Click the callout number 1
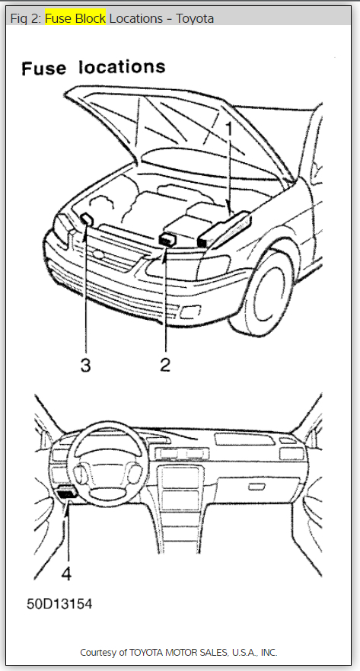[229, 129]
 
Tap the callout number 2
[165, 365]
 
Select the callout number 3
[85, 365]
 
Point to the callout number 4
[66, 574]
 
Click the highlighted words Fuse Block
[75, 18]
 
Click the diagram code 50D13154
[59, 604]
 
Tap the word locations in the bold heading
[122, 67]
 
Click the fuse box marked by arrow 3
[88, 219]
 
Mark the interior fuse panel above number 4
[65, 494]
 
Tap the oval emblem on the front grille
[99, 254]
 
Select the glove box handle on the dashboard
[256, 486]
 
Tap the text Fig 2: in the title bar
[26, 18]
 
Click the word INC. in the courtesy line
[269, 653]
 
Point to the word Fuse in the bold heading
[44, 69]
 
